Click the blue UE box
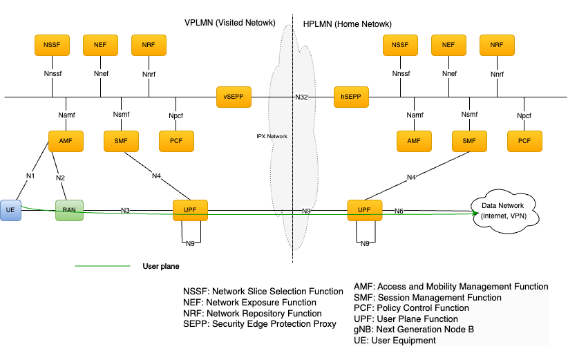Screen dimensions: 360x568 [x=11, y=210]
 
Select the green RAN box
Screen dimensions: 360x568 [x=69, y=210]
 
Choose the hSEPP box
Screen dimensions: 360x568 [x=351, y=97]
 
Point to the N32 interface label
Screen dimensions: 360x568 [x=301, y=97]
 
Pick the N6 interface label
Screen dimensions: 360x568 [x=399, y=210]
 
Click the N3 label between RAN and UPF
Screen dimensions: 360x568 [x=125, y=210]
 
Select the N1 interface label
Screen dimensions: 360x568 [x=30, y=176]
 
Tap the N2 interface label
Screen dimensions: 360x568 [x=61, y=178]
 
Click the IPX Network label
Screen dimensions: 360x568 [x=272, y=136]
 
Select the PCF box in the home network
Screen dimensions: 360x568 [x=524, y=140]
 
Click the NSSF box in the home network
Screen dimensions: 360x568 [x=400, y=45]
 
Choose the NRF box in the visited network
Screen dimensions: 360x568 [x=149, y=45]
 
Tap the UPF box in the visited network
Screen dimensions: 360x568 [x=190, y=209]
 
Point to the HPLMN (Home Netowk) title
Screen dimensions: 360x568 [x=348, y=24]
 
